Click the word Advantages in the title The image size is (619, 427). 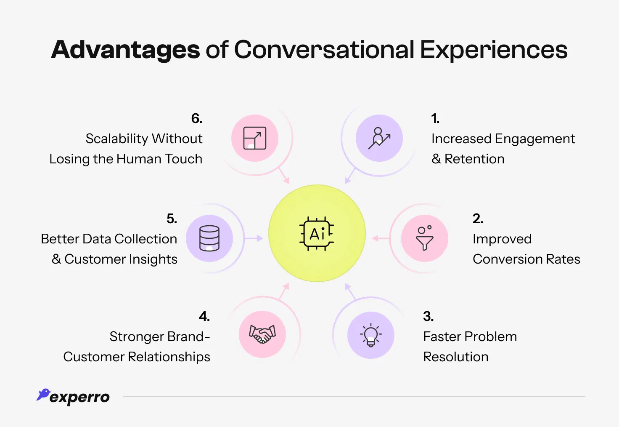[x=125, y=50]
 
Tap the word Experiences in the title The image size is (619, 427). [x=494, y=50]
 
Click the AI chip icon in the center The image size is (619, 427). [x=317, y=234]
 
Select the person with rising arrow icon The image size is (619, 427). [x=379, y=138]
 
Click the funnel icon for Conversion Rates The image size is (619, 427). [x=424, y=238]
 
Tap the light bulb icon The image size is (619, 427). [x=370, y=335]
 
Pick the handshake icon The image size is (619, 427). [x=262, y=334]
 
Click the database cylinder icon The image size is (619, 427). [x=209, y=238]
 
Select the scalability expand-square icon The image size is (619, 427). [x=255, y=138]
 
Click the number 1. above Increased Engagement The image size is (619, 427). [x=435, y=119]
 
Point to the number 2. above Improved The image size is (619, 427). [x=478, y=219]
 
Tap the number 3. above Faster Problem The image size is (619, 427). [x=428, y=316]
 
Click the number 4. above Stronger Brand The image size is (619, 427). [x=204, y=316]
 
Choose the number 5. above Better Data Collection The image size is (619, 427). [x=172, y=219]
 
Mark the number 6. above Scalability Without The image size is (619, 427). [x=196, y=119]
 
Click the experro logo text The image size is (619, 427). [x=79, y=397]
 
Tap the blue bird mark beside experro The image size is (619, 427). [x=43, y=395]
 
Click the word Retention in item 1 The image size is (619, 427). [x=474, y=159]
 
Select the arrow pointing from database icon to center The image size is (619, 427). [x=254, y=238]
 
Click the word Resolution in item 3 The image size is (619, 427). [x=455, y=357]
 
